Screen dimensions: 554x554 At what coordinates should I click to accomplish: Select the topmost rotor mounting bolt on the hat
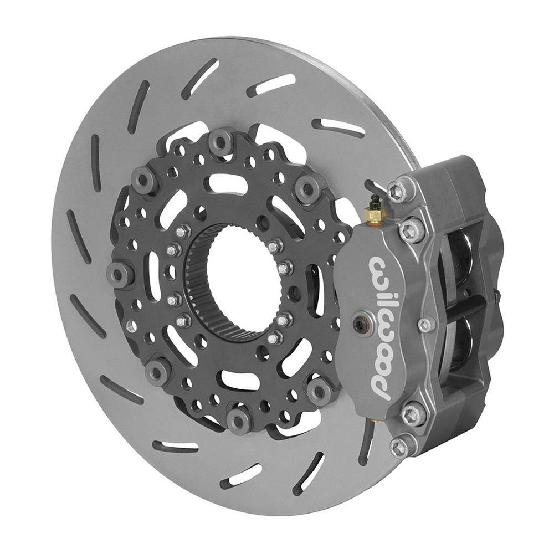click(220, 141)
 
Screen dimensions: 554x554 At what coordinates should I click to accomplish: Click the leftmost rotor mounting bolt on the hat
click(118, 274)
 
